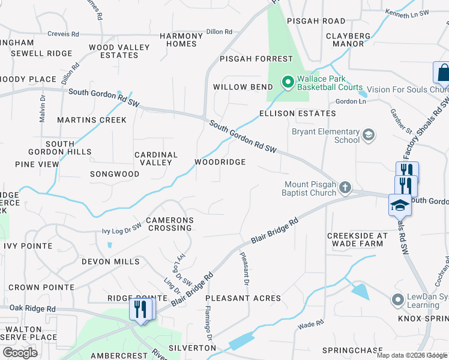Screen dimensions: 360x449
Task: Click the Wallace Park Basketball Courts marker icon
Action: (288, 80)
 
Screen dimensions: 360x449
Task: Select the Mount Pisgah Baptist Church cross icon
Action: (345, 188)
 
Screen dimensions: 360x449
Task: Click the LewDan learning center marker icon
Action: (396, 299)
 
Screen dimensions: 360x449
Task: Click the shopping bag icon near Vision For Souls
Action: (442, 73)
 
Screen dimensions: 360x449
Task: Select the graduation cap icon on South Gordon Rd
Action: (399, 205)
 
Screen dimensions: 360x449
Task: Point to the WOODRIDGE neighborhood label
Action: (220, 163)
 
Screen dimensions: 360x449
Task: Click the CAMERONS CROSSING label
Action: (170, 224)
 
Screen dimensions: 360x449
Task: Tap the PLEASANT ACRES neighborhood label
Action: (243, 298)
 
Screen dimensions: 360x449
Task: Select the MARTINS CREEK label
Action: (92, 120)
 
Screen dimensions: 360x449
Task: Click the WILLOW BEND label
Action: (239, 87)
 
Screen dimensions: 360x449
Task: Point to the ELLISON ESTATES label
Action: (297, 113)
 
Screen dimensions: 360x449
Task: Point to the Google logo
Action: (20, 353)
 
